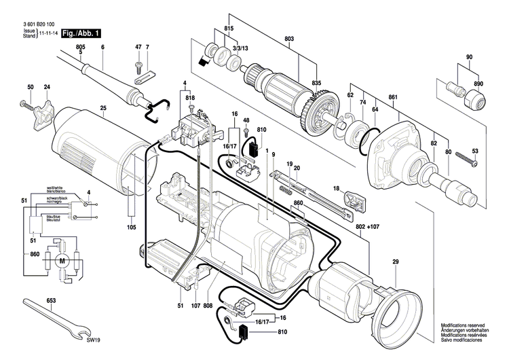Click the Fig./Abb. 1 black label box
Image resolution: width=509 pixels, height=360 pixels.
coord(81,33)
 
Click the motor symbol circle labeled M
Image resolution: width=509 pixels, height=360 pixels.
coord(62,260)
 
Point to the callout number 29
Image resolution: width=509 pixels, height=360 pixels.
coord(395,262)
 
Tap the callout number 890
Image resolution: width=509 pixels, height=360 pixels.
coord(479,83)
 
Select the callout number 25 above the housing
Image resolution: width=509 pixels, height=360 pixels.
coord(103,109)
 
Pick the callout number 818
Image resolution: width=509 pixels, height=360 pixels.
coord(190,98)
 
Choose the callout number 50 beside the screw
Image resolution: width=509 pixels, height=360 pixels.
coord(30,88)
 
